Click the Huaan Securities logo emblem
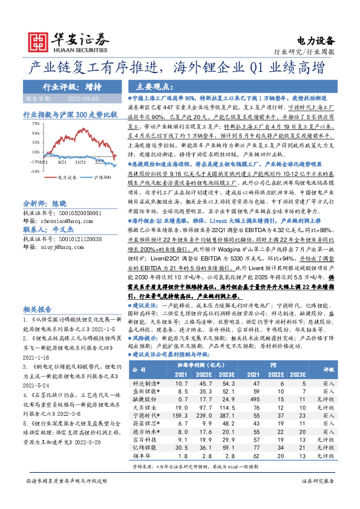[38, 41]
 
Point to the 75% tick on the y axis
[28, 123]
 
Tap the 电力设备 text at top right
[316, 41]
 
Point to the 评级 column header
[329, 370]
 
